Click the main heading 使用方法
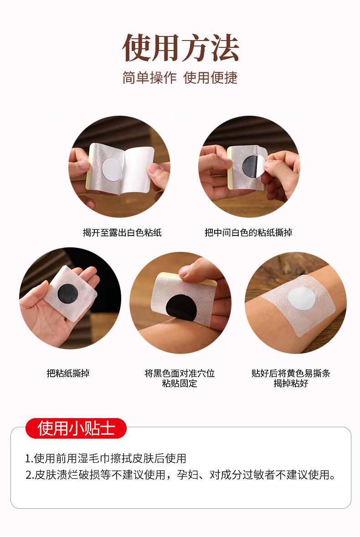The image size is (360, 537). [x=180, y=48]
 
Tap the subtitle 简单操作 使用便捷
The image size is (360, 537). [x=180, y=78]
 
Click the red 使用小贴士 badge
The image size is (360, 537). [x=76, y=428]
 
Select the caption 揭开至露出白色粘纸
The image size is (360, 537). [x=122, y=233]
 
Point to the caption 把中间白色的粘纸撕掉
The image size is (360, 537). [x=248, y=233]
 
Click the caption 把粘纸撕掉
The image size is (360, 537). [x=68, y=373]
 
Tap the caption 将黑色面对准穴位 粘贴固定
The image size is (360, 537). [x=180, y=378]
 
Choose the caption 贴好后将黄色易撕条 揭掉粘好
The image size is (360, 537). [x=291, y=378]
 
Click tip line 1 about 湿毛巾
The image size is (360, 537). [x=106, y=458]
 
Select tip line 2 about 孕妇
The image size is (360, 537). [x=180, y=475]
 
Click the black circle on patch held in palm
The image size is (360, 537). [x=67, y=293]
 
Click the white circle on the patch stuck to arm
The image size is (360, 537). [x=301, y=298]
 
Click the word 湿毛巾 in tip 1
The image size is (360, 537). [x=94, y=458]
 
